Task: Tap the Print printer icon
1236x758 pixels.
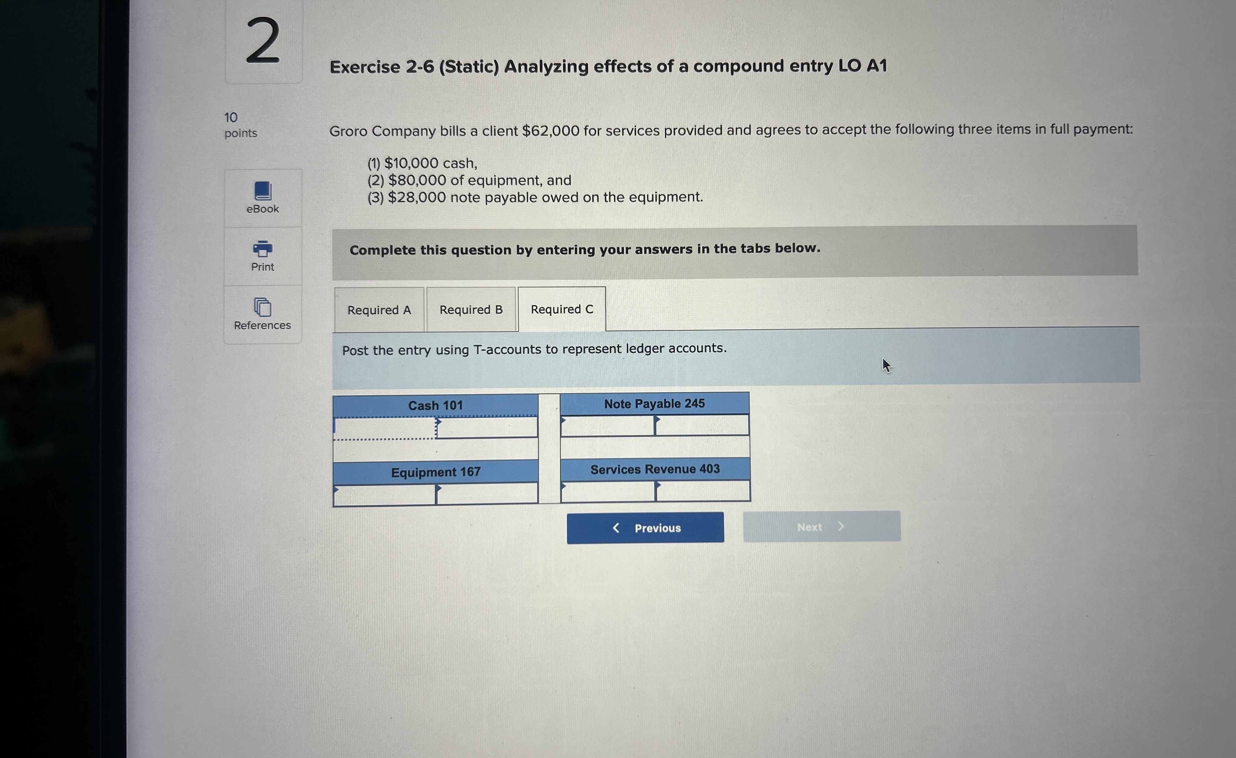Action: tap(262, 249)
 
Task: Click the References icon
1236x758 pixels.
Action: tap(262, 307)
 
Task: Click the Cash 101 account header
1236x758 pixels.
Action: tap(435, 405)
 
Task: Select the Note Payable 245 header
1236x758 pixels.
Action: tap(654, 404)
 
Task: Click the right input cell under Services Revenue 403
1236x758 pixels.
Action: tap(702, 491)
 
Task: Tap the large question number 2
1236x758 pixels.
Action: tap(263, 41)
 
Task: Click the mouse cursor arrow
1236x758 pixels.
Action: tap(886, 365)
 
